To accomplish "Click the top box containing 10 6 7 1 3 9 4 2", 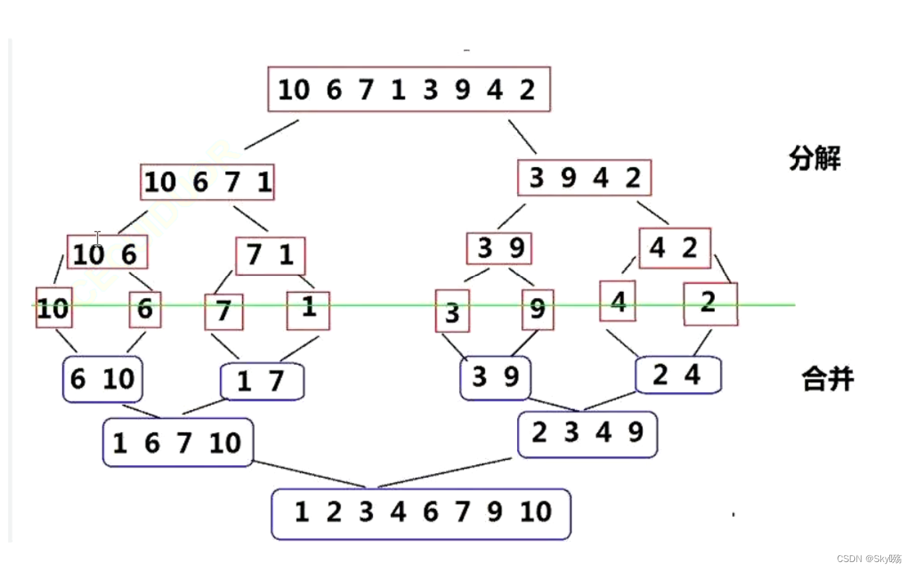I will tap(409, 89).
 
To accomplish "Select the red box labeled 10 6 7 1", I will tap(207, 182).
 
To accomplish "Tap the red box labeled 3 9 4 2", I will tap(585, 178).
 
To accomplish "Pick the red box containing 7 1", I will tap(270, 255).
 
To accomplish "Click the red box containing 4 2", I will tap(674, 248).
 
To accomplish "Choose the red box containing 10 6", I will tap(107, 253).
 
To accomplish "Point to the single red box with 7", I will tap(224, 311).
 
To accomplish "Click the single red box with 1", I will tap(308, 310).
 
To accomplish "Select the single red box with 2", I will tap(710, 304).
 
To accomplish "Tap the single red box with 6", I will tap(145, 309).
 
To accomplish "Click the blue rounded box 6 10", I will tap(103, 379).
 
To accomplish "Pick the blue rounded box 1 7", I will tap(262, 382).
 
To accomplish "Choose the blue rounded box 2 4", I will tap(678, 375).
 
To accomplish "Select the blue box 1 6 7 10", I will tap(178, 442).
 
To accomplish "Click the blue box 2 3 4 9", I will tap(587, 434).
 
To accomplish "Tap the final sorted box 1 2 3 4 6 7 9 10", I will tap(421, 514).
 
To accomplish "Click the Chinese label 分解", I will tap(814, 159).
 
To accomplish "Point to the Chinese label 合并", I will tap(827, 380).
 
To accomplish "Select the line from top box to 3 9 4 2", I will tap(522, 137).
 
